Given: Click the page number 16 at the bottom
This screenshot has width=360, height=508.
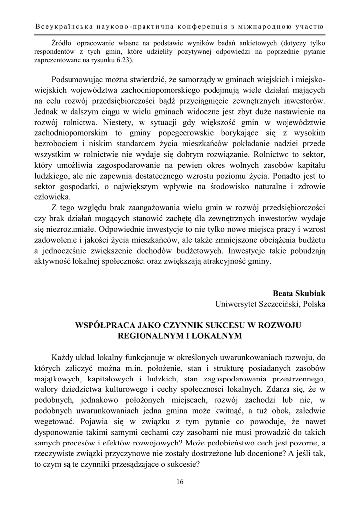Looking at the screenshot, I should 180,482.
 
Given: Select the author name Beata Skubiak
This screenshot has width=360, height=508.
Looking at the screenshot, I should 298,293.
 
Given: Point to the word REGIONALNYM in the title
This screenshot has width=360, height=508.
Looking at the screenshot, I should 144,336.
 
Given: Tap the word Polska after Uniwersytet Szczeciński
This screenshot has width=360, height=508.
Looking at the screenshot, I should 314,303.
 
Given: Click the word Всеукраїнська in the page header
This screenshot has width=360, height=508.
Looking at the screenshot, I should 65,25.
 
